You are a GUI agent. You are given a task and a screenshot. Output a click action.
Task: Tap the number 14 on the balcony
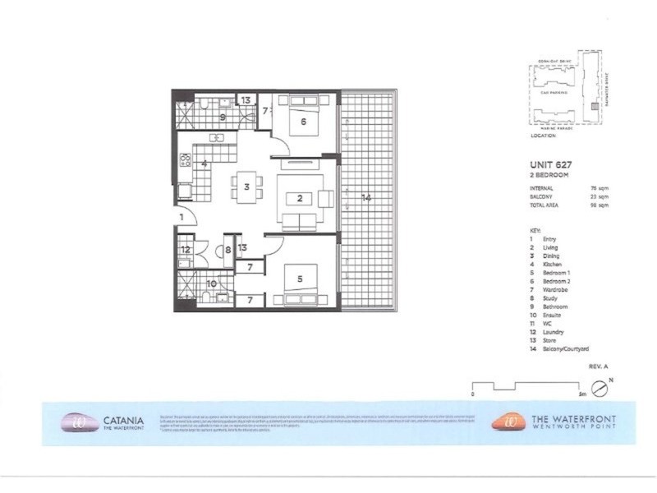tap(365, 197)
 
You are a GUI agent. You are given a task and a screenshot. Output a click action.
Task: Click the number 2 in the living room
tap(301, 197)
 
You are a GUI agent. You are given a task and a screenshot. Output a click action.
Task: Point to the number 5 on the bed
tap(300, 279)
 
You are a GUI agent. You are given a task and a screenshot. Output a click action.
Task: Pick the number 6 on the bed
tap(303, 122)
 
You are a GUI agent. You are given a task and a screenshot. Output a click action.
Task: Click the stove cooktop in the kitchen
tap(186, 161)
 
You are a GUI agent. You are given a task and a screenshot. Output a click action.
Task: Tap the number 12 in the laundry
tap(186, 249)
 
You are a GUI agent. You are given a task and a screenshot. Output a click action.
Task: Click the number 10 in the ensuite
tap(211, 283)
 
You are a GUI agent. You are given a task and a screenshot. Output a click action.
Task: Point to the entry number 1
tap(181, 217)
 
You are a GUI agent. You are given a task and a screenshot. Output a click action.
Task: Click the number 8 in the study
tap(227, 251)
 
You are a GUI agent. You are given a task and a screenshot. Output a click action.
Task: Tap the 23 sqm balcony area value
tap(602, 196)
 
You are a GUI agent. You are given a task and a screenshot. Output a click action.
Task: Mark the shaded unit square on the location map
tap(595, 107)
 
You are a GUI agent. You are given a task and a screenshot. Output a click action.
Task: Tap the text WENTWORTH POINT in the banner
tap(572, 426)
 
